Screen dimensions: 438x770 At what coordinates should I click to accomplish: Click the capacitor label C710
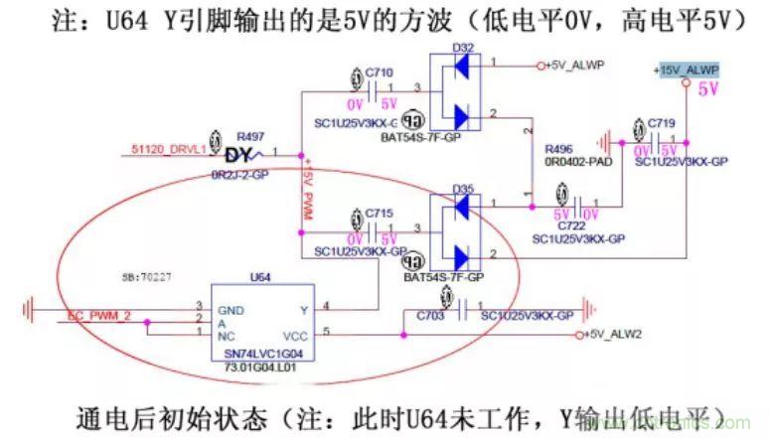point(380,73)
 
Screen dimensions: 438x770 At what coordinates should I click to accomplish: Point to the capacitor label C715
point(380,214)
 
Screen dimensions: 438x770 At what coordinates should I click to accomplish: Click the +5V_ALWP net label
point(576,65)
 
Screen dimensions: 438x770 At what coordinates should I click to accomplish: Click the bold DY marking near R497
point(239,156)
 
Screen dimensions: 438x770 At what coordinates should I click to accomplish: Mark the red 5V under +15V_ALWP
point(708,88)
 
